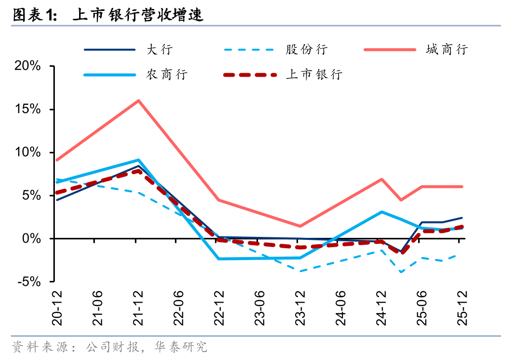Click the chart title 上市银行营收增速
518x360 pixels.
(138, 15)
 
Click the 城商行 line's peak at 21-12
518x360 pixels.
(139, 100)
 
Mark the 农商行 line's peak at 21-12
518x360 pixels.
(139, 160)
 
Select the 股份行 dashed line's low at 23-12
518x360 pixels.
(301, 271)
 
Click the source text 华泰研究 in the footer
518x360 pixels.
(188, 347)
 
